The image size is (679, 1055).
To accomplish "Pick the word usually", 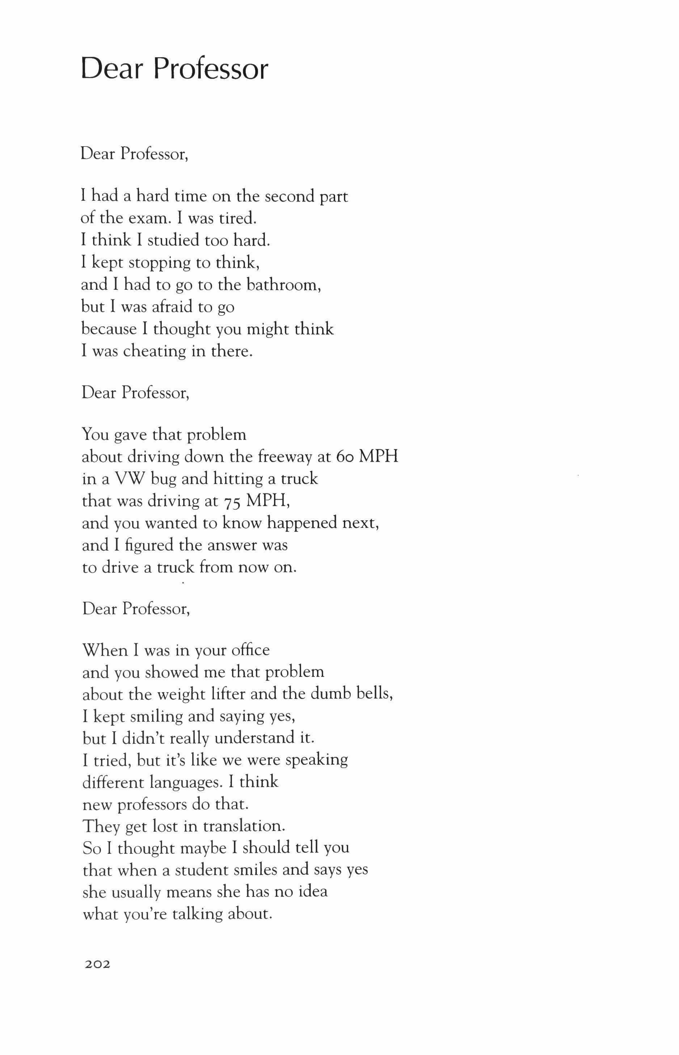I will [x=136, y=892].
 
